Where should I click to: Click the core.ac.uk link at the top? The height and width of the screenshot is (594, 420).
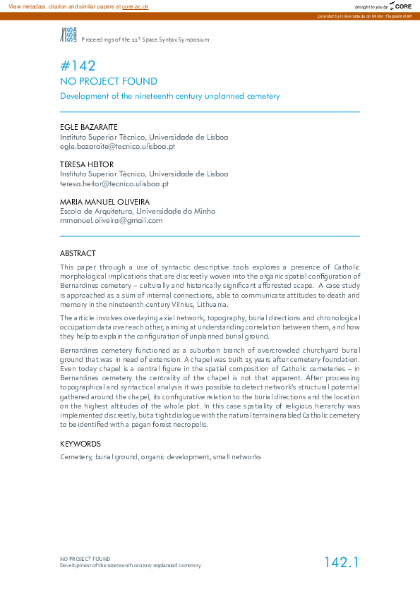tap(135, 6)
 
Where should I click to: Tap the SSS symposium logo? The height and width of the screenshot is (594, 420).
tap(68, 35)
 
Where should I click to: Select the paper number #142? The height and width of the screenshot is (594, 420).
tap(78, 66)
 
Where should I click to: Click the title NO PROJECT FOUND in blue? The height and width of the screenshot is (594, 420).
tap(109, 82)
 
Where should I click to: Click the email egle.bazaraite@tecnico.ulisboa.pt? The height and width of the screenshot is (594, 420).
tap(117, 147)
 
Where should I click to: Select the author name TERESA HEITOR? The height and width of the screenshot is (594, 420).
tap(86, 164)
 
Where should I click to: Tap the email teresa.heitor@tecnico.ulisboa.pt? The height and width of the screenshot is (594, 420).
tap(114, 183)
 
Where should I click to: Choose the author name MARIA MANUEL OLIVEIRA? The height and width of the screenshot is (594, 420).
tap(104, 202)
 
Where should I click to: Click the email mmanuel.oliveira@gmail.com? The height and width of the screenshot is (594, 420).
tap(112, 220)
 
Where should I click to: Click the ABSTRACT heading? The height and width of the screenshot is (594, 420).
tap(78, 253)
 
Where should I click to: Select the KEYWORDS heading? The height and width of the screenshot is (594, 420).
tap(80, 444)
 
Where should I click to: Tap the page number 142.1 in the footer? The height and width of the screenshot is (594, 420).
tap(342, 562)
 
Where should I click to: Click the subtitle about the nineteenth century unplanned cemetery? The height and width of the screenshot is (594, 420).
tap(170, 96)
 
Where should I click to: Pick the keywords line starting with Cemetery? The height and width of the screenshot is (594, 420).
tap(161, 457)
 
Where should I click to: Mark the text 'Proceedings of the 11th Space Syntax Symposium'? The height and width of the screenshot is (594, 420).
tap(145, 40)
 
